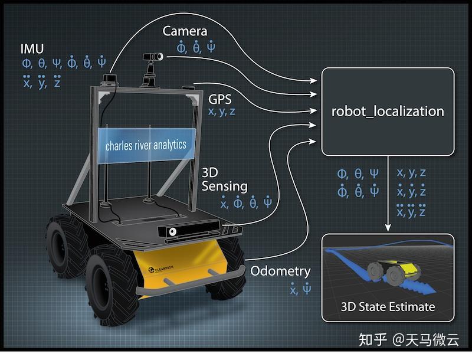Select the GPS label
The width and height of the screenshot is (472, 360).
pyautogui.click(x=221, y=97)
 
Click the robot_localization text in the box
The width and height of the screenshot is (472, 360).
pyautogui.click(x=387, y=110)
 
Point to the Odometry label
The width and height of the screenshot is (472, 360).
pyautogui.click(x=280, y=271)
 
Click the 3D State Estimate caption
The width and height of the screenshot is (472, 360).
pyautogui.click(x=388, y=307)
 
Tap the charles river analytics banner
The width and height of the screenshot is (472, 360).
pyautogui.click(x=146, y=145)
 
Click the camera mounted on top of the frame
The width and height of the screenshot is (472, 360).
pyautogui.click(x=153, y=57)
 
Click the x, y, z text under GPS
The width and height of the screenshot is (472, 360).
pyautogui.click(x=221, y=111)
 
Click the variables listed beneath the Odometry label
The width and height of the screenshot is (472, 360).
pyautogui.click(x=300, y=289)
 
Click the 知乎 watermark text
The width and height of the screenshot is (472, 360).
pyautogui.click(x=373, y=340)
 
